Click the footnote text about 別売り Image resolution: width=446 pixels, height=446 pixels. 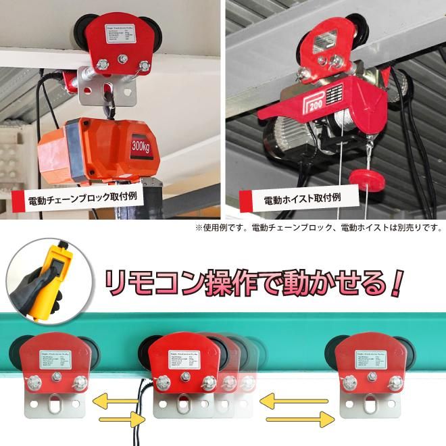tap(318, 228)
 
